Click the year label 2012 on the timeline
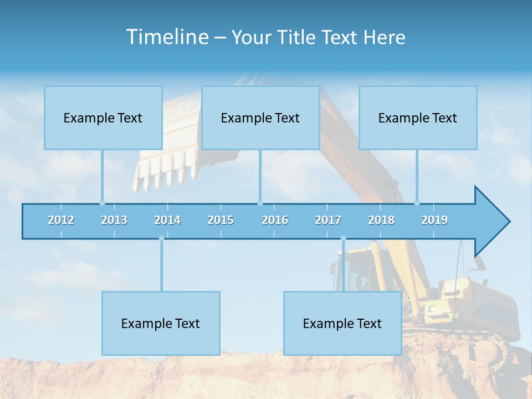click(x=61, y=220)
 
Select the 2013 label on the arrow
click(x=114, y=220)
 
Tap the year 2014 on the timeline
click(x=167, y=220)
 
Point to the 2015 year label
click(x=221, y=220)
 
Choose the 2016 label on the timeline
click(x=275, y=220)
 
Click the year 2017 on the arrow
click(x=328, y=220)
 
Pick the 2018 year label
click(x=381, y=220)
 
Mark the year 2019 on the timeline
click(x=434, y=220)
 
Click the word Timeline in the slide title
click(x=167, y=37)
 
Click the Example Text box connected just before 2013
click(x=103, y=117)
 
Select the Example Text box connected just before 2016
click(x=260, y=117)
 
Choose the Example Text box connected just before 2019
click(x=418, y=117)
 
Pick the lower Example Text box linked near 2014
click(x=161, y=323)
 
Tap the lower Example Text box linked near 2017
click(x=342, y=323)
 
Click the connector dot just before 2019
click(x=417, y=203)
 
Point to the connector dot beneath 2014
click(x=161, y=238)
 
